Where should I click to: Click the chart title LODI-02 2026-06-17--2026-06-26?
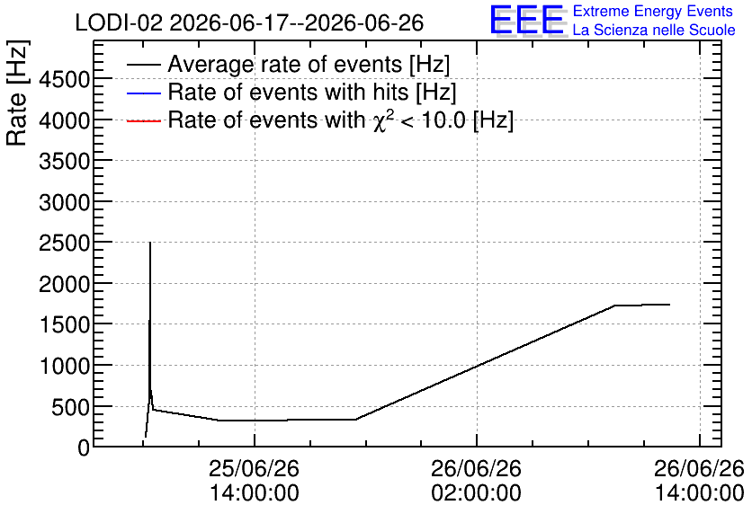249,22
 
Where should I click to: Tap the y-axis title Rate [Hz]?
17,93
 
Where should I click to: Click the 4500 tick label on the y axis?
65,79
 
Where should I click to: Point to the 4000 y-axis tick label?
65,120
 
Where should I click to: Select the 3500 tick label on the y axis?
65,162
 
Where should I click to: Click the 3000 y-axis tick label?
65,202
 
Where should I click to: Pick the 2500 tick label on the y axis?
65,244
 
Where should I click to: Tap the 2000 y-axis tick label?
65,285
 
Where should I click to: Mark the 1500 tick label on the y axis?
65,325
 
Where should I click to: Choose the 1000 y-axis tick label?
65,367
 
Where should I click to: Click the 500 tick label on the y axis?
71,408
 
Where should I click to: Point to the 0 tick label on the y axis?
84,448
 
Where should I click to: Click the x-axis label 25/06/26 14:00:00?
255,481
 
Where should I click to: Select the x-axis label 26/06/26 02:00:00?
476,481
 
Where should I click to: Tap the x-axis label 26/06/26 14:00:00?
699,481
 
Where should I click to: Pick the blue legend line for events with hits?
143,93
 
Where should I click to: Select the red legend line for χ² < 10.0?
143,120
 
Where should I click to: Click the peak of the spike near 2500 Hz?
150,243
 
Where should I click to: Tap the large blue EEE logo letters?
527,20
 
